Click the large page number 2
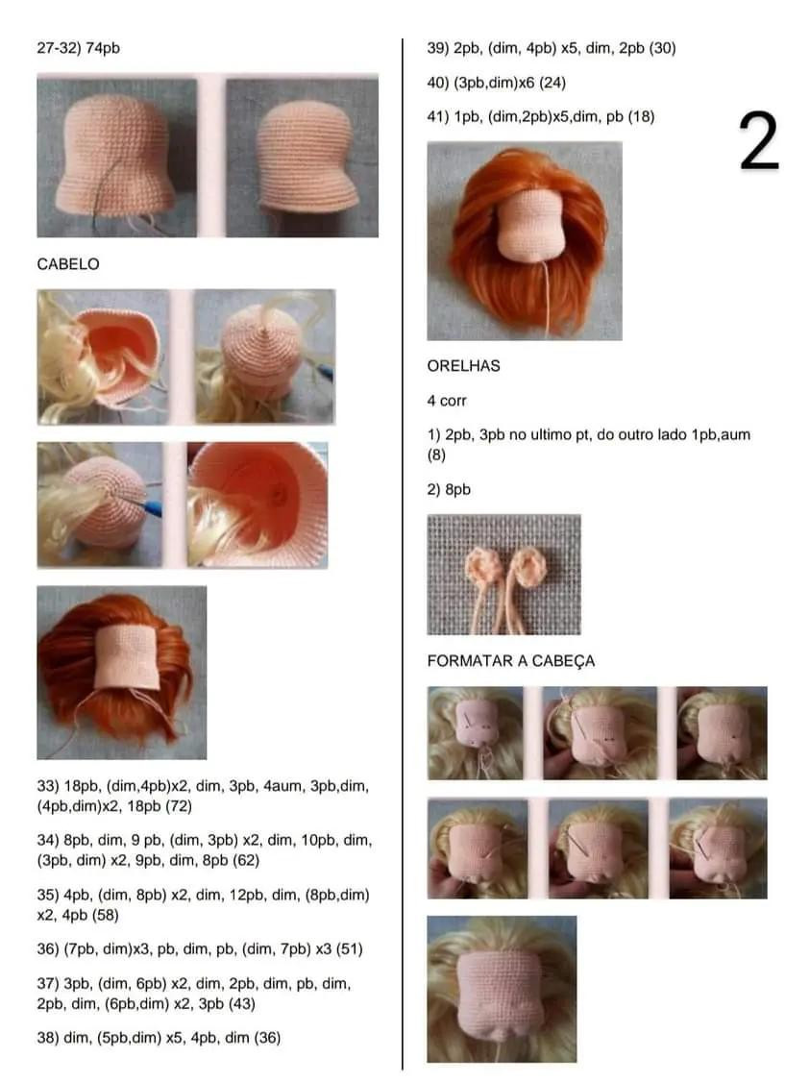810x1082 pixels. [759, 140]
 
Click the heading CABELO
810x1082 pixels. [67, 263]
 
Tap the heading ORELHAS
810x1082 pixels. [464, 366]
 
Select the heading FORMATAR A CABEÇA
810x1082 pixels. [510, 660]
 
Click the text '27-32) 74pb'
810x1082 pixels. [78, 48]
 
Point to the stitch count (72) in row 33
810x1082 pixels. [179, 806]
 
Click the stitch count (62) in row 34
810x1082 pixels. [246, 860]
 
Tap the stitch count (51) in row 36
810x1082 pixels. [350, 948]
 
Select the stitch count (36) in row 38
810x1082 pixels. [267, 1037]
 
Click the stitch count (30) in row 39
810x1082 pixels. [662, 48]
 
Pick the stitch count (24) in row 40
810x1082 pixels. [552, 82]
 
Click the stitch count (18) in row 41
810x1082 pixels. [641, 116]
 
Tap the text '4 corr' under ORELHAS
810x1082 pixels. [447, 401]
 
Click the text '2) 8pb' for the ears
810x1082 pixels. [449, 489]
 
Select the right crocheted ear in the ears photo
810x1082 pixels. [529, 567]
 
